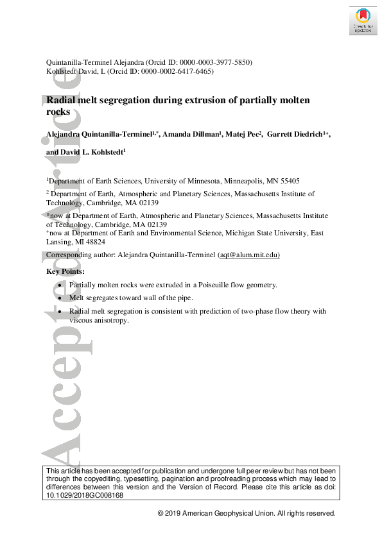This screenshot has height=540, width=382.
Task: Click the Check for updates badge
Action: pos(361,21)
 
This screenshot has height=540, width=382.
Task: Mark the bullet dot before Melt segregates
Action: pos(60,298)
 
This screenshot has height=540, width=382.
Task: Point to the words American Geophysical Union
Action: pos(229,514)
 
